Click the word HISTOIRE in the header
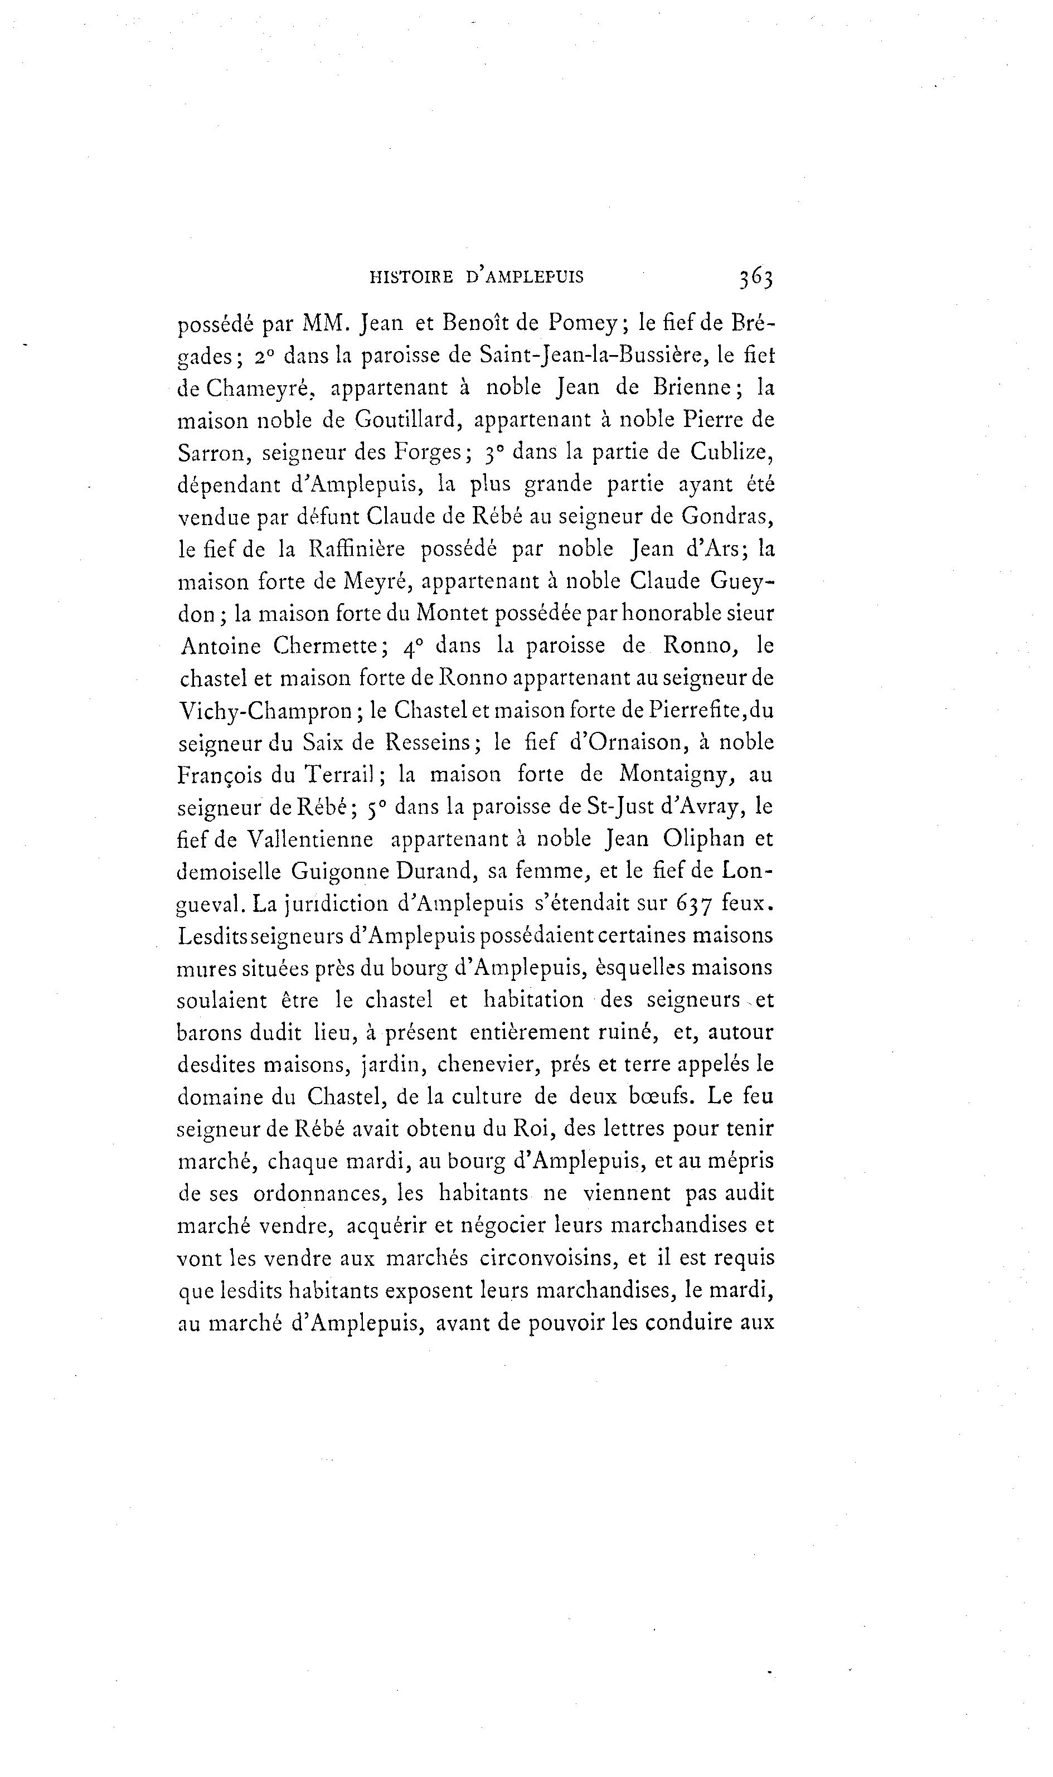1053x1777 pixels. (x=411, y=278)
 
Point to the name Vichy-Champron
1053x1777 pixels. (x=265, y=711)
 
